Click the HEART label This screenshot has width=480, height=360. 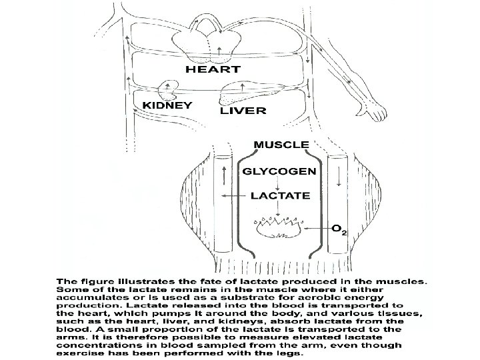[x=213, y=69]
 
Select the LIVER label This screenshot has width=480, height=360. [x=244, y=110]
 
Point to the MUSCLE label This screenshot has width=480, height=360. [x=282, y=144]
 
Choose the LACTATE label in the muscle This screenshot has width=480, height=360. [x=280, y=196]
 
